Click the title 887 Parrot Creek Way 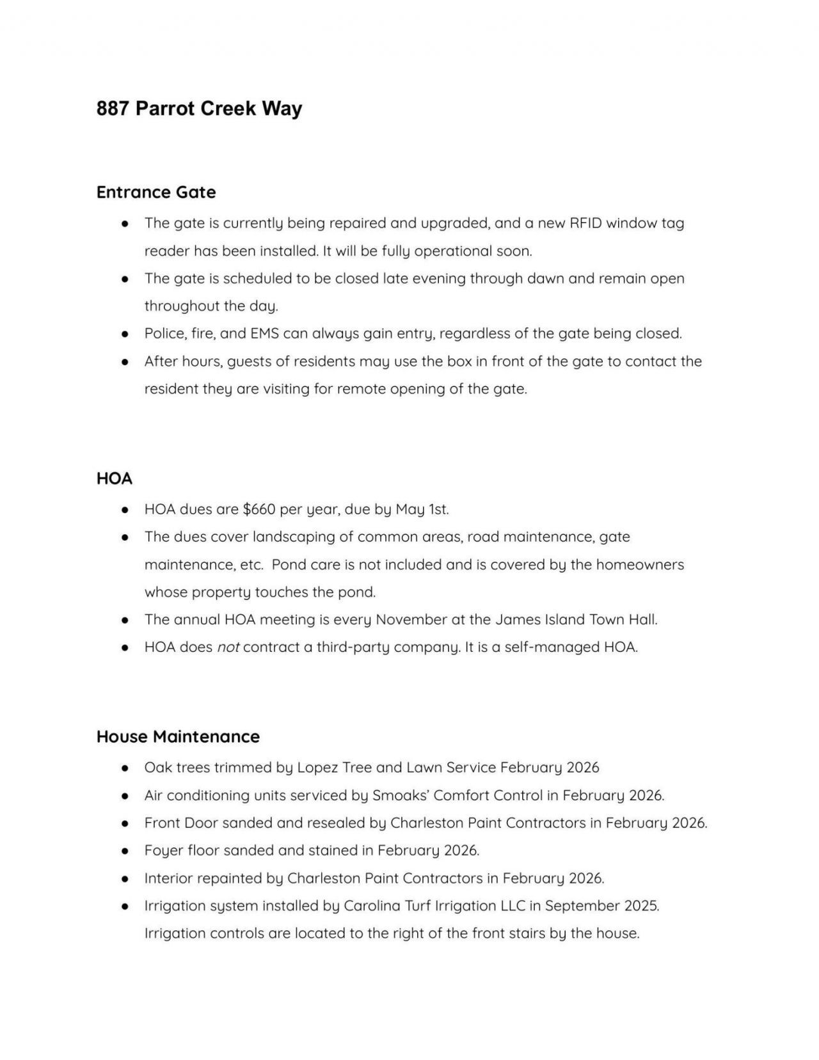(x=199, y=109)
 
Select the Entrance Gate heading (x=156, y=192)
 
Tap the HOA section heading (x=115, y=479)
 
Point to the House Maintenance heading (x=178, y=736)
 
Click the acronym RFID (x=585, y=223)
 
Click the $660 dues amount (x=259, y=509)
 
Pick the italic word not (x=228, y=647)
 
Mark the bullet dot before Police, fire (x=126, y=334)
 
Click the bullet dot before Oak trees (x=126, y=768)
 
